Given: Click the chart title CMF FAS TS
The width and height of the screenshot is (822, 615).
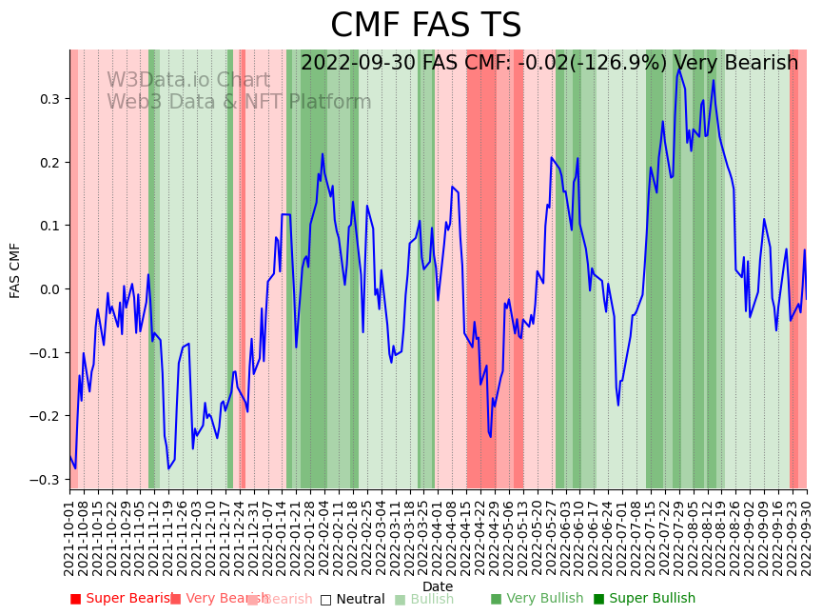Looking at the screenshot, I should pos(425,26).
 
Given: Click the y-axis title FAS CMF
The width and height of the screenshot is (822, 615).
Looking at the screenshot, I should pos(15,269).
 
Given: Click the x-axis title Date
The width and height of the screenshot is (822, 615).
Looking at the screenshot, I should pos(438,586).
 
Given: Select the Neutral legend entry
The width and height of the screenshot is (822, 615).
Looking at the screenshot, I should pos(353,599).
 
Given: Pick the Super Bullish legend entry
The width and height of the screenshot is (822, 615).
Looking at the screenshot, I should pos(645,599).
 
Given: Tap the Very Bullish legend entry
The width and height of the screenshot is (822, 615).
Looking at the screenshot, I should pos(538,599).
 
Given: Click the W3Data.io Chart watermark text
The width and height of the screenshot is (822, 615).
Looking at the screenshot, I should pos(188,80).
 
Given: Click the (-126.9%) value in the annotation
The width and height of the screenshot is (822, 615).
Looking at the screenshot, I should pos(613,64).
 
